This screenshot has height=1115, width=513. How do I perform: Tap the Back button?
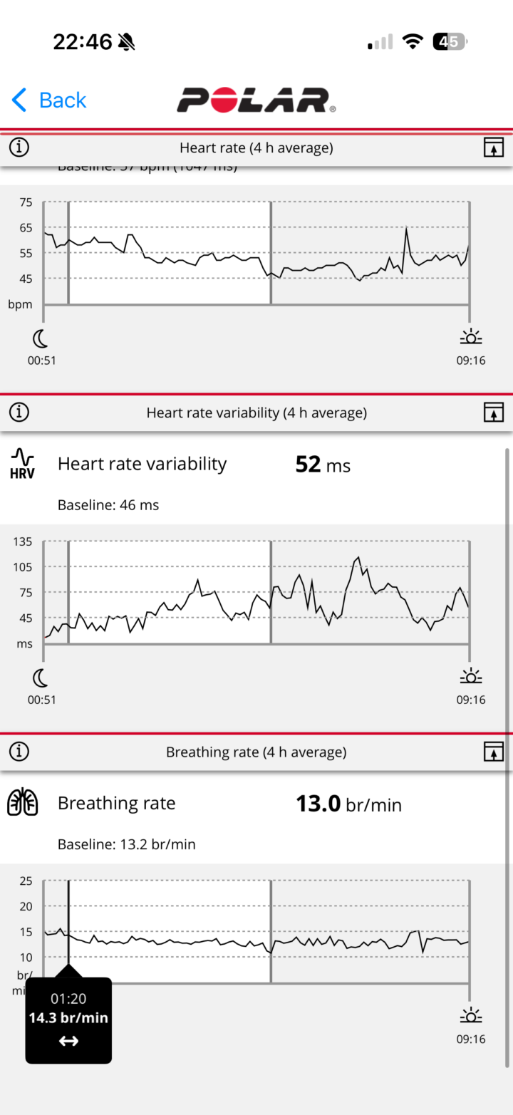click(x=49, y=100)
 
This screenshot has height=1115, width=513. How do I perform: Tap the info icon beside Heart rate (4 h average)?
click(x=19, y=147)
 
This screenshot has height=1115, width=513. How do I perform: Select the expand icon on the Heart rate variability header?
click(x=493, y=413)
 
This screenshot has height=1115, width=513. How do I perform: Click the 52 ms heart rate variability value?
click(x=323, y=465)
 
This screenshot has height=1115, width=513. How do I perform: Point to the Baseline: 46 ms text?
click(x=108, y=505)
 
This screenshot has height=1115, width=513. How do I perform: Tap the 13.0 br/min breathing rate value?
click(x=348, y=804)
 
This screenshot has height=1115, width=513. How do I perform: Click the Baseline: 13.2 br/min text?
click(x=126, y=844)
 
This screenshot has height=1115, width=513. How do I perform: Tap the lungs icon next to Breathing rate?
click(x=22, y=803)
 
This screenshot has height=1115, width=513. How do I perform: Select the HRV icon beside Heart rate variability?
click(x=22, y=463)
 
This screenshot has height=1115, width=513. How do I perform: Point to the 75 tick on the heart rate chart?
click(x=26, y=202)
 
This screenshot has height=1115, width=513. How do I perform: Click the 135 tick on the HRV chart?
click(x=23, y=541)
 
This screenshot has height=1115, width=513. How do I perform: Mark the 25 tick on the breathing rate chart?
click(x=26, y=881)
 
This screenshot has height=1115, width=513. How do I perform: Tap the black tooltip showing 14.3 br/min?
click(x=68, y=1020)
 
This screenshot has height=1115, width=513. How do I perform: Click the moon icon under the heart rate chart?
click(x=41, y=338)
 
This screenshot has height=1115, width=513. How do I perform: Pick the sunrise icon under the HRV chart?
click(x=470, y=676)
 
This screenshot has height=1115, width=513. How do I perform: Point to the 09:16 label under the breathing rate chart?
click(x=470, y=1039)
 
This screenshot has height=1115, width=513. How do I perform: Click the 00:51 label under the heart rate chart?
click(x=42, y=361)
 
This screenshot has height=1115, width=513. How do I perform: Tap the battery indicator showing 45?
click(x=450, y=41)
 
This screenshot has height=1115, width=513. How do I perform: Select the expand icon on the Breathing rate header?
click(x=493, y=752)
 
